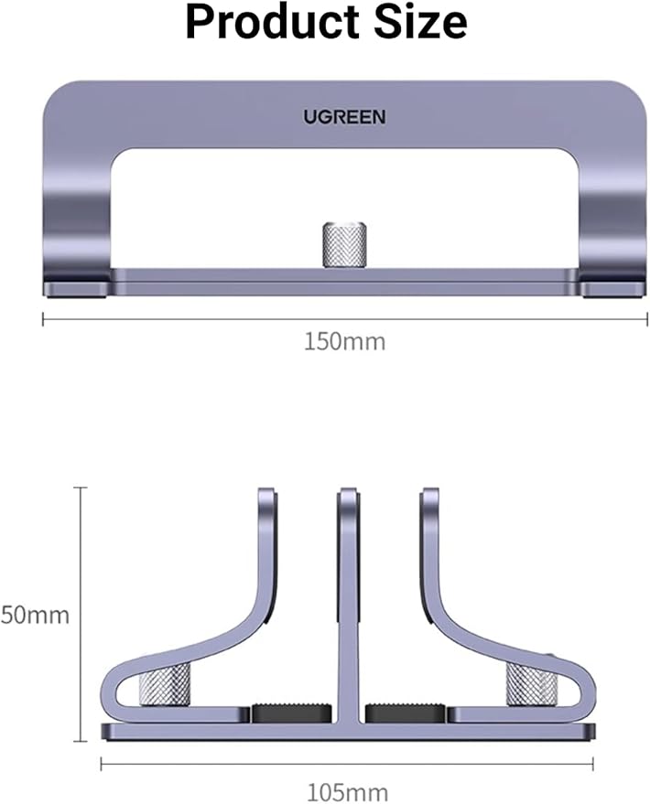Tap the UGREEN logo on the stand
345,116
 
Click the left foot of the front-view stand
77,289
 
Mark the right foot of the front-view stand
613,289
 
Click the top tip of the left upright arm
266,495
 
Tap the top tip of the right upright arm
429,495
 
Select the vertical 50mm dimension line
82,613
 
